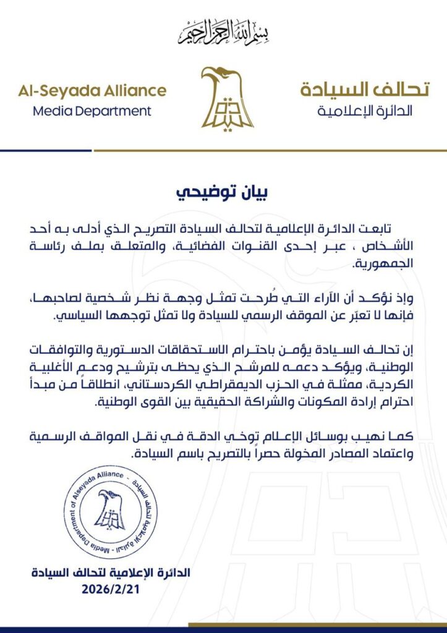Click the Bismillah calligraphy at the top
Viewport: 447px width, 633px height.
point(223,32)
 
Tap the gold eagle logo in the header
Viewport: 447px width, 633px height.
point(226,97)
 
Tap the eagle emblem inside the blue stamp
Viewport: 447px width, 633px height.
point(111,510)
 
